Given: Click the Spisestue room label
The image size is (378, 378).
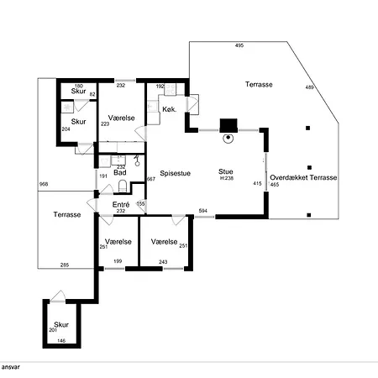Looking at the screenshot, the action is [176, 173].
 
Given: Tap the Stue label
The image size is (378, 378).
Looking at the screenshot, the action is [226, 171].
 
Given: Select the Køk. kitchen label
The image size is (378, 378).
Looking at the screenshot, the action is [170, 109].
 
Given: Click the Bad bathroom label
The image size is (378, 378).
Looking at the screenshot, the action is [120, 173].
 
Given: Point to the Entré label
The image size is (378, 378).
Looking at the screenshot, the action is [121, 204].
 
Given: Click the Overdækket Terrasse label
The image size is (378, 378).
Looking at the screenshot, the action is [303, 177].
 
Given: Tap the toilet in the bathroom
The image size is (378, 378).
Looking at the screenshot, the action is [123, 186].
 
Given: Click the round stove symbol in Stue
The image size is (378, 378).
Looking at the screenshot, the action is [228, 138].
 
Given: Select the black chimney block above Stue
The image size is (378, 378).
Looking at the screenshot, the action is [228, 125].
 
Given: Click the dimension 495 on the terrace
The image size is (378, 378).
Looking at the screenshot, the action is [239, 45].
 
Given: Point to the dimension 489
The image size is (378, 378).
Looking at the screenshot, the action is [309, 87].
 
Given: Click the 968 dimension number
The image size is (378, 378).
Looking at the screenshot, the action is [44, 184].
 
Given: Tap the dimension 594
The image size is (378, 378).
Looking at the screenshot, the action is [202, 211].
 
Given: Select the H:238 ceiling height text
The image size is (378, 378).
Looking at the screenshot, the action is [227, 178].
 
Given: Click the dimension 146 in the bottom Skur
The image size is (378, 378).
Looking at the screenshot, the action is [61, 341].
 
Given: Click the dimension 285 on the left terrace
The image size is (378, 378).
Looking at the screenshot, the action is [65, 265].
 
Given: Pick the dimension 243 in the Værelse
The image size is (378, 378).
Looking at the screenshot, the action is [163, 262].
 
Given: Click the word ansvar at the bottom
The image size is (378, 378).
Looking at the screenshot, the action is [11, 367].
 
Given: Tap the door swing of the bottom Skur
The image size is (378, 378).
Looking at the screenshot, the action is [58, 297].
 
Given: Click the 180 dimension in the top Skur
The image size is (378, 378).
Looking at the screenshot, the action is [79, 86].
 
